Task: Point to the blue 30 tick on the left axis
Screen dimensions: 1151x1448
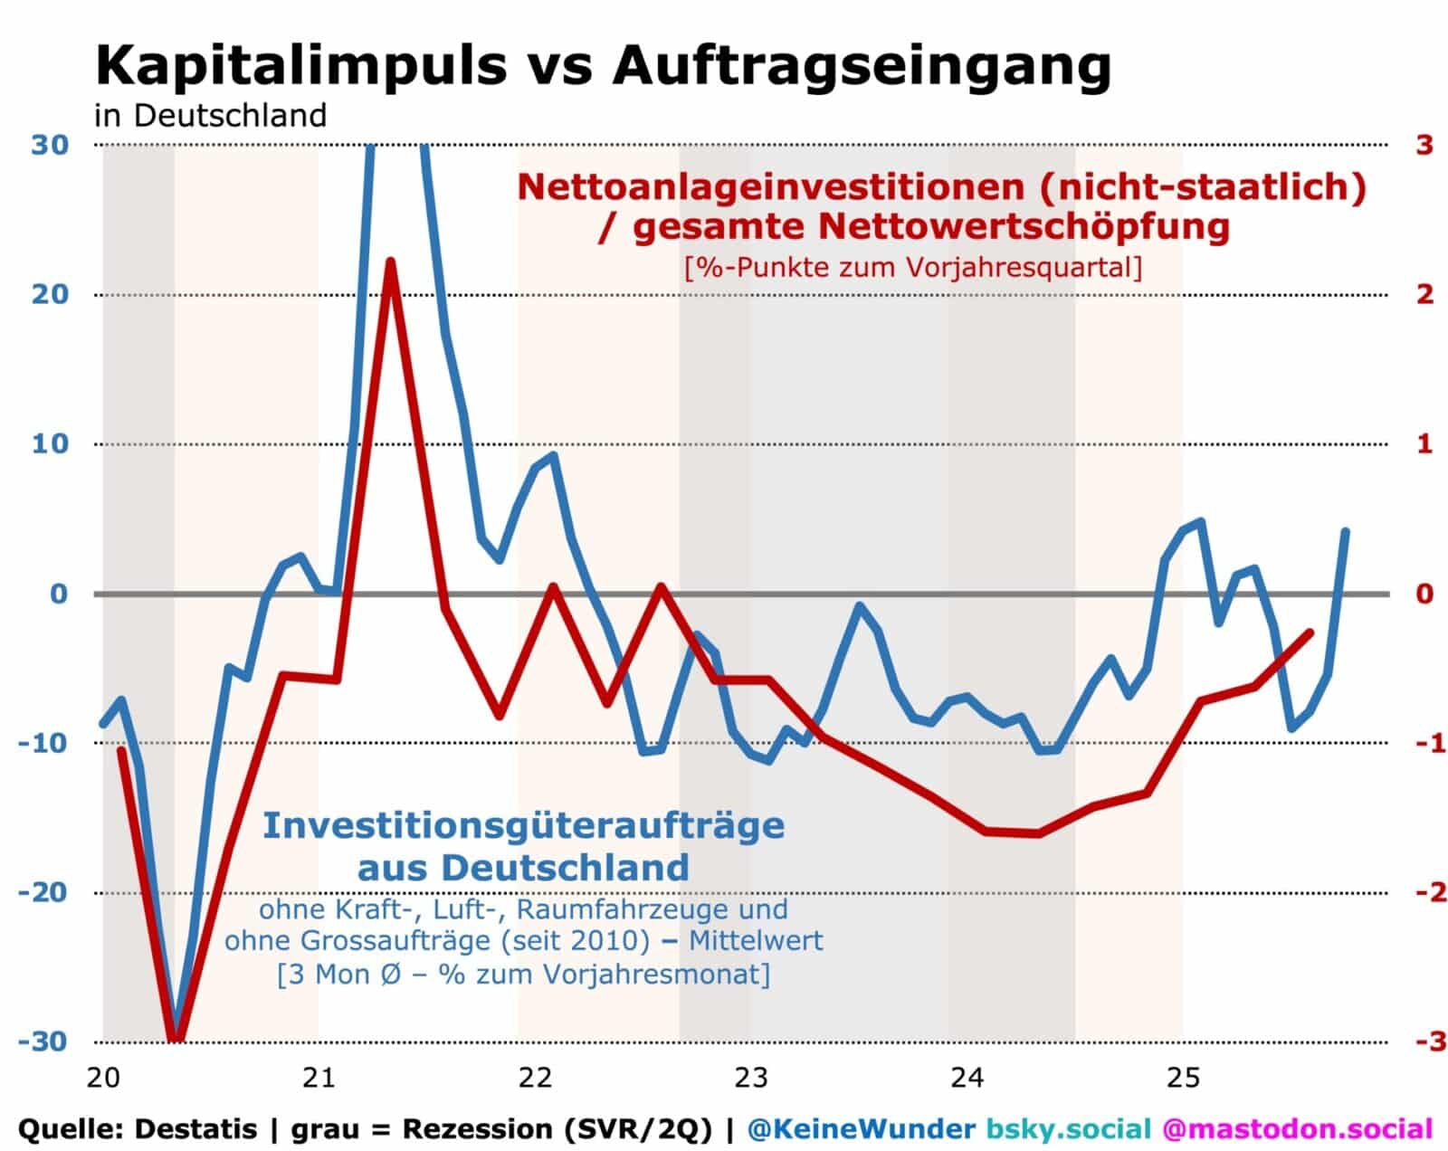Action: (51, 145)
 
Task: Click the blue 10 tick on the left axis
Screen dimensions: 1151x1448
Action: (51, 444)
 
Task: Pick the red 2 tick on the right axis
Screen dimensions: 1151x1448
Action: (1424, 294)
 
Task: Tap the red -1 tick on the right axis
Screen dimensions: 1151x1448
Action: (1419, 744)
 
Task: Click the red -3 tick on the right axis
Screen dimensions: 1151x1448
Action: (1419, 1042)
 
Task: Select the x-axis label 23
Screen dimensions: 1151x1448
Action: (750, 1079)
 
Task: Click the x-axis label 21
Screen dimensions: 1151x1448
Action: (319, 1079)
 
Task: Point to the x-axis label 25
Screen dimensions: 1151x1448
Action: (1182, 1079)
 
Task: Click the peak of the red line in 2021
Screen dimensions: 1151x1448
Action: (390, 262)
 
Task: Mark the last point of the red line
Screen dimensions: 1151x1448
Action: (1310, 633)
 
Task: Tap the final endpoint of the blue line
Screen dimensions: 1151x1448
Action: (1346, 531)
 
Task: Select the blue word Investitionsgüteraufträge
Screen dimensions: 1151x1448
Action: (523, 825)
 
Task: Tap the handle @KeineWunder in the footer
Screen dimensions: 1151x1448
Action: (862, 1129)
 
